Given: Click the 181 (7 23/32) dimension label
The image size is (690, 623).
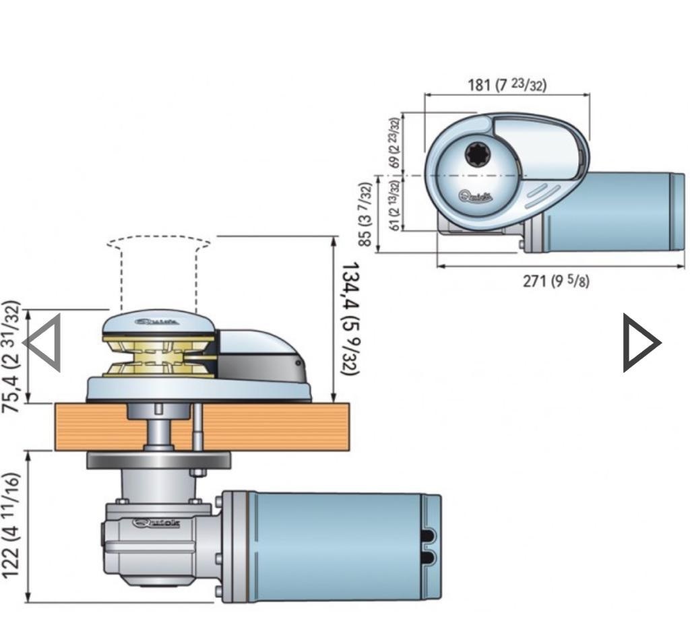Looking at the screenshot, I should [x=507, y=85].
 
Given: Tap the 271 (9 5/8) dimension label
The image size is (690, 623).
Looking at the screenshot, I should [x=556, y=280].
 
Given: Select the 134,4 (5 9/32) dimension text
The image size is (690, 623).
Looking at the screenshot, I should [x=350, y=318].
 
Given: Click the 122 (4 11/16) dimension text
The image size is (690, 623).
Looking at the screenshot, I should [x=11, y=525].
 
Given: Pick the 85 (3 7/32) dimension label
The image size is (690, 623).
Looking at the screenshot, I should [x=365, y=214].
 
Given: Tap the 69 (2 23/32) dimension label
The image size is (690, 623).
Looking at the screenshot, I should [x=394, y=143].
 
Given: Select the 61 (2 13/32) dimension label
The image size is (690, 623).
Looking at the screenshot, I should [x=395, y=204].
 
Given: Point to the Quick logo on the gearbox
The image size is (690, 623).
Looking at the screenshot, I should [x=156, y=523].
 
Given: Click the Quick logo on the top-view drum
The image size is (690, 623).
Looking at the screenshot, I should [x=476, y=197].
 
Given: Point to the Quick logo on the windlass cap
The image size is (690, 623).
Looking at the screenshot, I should [x=156, y=322].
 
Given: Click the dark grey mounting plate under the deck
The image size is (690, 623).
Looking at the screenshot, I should [x=159, y=461].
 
